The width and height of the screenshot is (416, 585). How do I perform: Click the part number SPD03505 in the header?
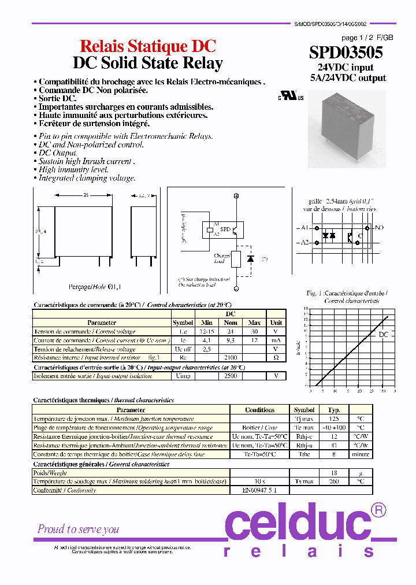(346, 53)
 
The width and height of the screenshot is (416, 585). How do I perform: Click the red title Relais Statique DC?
(147, 47)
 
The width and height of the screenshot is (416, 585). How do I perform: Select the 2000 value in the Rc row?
(231, 358)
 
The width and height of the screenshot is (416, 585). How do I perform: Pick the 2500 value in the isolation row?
(231, 376)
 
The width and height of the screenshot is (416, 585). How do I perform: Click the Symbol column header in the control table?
(183, 323)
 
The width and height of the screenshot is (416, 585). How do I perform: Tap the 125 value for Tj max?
(334, 419)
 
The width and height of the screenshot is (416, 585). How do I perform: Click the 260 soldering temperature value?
(334, 482)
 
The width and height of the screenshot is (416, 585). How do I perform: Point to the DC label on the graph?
(384, 335)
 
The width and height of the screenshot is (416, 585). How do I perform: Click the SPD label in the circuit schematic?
(225, 229)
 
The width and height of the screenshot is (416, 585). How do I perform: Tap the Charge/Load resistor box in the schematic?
(236, 259)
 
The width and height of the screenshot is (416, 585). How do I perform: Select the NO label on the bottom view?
(379, 228)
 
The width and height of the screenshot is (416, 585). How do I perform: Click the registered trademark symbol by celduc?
(378, 510)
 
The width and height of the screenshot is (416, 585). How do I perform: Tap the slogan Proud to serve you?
(78, 529)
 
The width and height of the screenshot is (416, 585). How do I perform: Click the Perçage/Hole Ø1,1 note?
(95, 286)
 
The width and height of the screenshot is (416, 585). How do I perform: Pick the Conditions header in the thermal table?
(259, 410)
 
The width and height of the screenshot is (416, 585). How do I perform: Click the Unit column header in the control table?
(276, 323)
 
